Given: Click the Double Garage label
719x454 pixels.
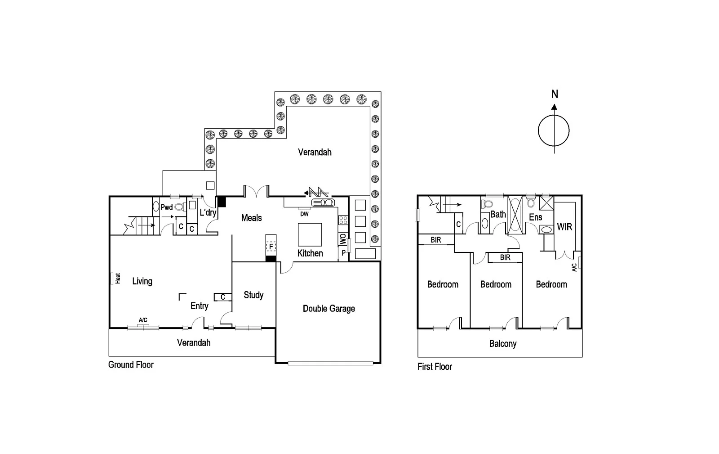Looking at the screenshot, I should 328,309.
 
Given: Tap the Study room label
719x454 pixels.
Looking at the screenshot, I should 253,295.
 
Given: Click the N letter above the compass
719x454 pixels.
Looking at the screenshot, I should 555,94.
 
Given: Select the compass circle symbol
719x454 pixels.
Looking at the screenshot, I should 554,131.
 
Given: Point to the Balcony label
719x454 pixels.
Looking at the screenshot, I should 502,344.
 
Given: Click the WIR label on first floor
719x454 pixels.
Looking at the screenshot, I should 564,227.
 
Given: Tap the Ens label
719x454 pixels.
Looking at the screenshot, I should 535,217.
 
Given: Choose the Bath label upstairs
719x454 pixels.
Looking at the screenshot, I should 498,215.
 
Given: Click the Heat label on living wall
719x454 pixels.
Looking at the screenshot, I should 118,279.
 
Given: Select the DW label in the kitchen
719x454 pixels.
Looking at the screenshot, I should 304,214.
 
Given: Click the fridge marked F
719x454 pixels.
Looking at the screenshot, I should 271,247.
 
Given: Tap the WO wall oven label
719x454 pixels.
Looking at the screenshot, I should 342,239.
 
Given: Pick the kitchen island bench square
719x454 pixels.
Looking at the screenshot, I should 310,234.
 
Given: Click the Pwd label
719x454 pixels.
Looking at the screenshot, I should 167,207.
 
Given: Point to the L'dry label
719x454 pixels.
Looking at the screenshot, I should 208,212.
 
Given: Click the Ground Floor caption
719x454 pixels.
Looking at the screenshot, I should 131,365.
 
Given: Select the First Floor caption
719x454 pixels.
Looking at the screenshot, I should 435,367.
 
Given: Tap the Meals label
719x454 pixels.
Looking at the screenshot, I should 251,218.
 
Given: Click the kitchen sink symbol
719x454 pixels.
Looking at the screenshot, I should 323,202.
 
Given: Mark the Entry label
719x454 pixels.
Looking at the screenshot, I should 199,306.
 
